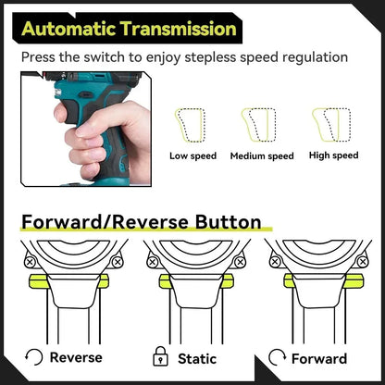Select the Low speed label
[x=192, y=156]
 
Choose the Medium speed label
[x=261, y=156]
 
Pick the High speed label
[x=333, y=155]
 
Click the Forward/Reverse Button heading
[x=140, y=222]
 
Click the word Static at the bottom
[x=195, y=358]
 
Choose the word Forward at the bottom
[x=320, y=358]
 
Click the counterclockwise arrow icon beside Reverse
[x=35, y=357]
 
